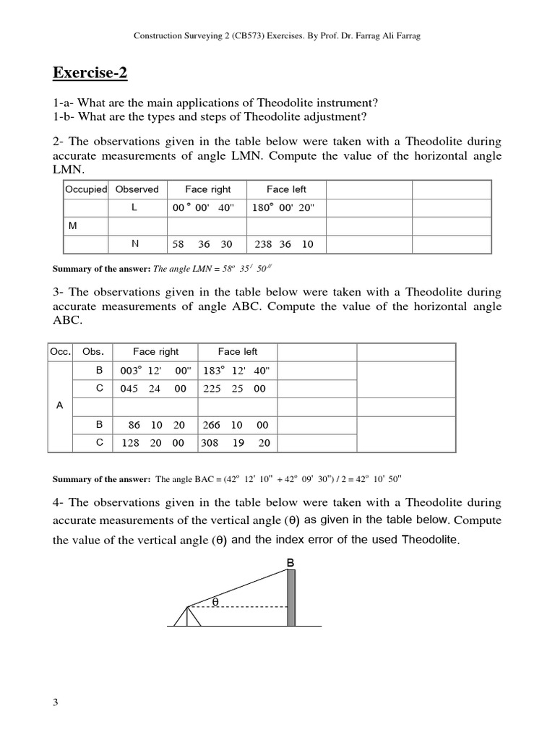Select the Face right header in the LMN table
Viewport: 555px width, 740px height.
pyautogui.click(x=207, y=189)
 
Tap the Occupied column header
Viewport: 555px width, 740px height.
pyautogui.click(x=86, y=189)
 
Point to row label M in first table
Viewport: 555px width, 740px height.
pyautogui.click(x=72, y=226)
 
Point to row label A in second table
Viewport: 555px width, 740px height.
pyautogui.click(x=60, y=406)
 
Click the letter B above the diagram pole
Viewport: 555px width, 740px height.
pyautogui.click(x=291, y=562)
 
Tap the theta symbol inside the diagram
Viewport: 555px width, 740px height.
pyautogui.click(x=215, y=601)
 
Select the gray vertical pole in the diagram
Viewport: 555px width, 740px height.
pyautogui.click(x=291, y=598)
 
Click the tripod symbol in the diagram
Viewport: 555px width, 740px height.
pyautogui.click(x=188, y=616)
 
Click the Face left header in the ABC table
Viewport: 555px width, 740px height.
pyautogui.click(x=237, y=352)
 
